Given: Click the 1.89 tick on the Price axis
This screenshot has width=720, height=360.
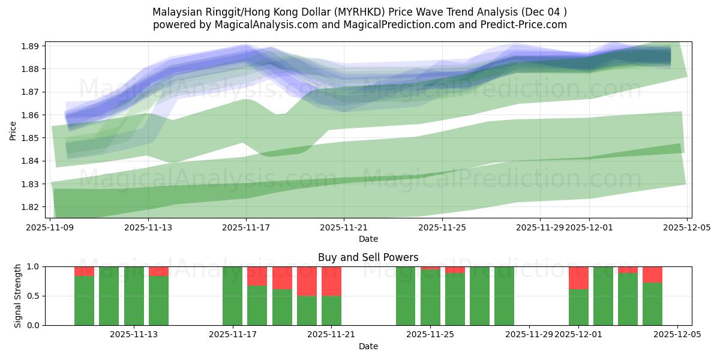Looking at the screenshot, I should [31, 46].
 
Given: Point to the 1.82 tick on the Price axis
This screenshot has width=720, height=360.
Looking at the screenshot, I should [31, 207].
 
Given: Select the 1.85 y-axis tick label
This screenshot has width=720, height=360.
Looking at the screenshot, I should [31, 138].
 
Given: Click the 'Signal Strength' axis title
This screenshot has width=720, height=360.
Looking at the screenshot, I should [18, 295].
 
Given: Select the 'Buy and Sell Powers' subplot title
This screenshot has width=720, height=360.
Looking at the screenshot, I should [368, 257].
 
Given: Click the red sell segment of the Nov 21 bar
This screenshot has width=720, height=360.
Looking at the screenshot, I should [331, 281].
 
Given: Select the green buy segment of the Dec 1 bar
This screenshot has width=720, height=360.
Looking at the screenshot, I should [578, 307].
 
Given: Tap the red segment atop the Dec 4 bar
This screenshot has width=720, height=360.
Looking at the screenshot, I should [652, 274].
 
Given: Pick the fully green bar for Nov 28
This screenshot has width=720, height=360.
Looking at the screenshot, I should [504, 296].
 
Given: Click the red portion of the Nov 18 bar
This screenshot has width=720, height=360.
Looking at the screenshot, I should [257, 276].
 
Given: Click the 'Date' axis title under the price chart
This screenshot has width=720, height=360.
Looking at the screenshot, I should [368, 239].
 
